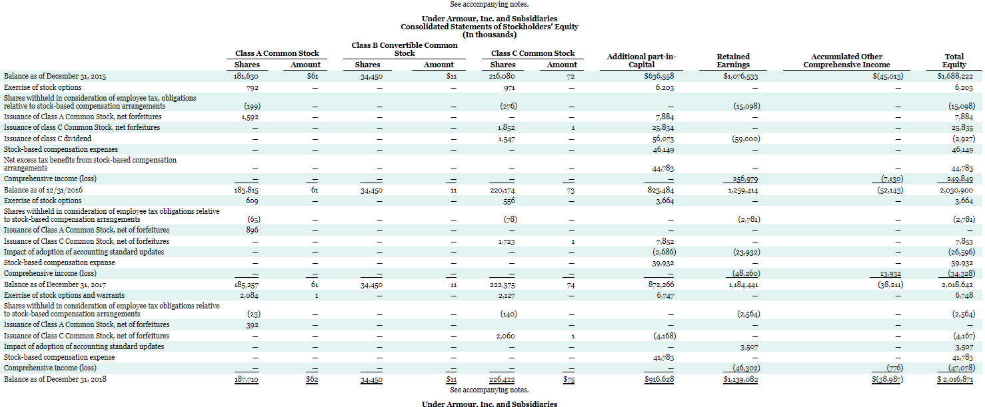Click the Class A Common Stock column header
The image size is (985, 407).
(277, 53)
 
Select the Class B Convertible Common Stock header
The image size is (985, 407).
(405, 49)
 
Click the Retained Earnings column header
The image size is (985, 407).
(733, 61)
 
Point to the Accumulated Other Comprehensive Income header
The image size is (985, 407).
(846, 61)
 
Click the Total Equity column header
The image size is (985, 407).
(954, 61)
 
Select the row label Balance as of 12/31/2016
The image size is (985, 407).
(43, 190)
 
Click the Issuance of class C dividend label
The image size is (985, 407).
(47, 139)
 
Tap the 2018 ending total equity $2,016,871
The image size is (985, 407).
(954, 379)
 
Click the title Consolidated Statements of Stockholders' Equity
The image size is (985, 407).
(489, 27)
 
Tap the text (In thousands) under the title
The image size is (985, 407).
(489, 35)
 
